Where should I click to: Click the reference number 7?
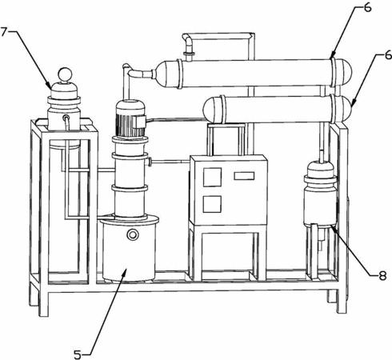4,32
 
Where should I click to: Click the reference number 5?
78,354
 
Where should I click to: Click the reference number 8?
382,275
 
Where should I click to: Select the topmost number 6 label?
368,8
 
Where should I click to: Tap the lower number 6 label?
388,55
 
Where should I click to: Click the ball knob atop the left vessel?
65,74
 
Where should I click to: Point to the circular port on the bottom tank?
133,234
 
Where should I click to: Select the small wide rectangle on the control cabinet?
244,176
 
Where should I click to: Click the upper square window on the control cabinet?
212,177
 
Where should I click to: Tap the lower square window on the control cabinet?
212,204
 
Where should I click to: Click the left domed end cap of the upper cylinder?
166,74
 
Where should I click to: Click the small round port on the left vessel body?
66,117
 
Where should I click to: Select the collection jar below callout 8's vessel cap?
320,206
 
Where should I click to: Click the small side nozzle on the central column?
149,162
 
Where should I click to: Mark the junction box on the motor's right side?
141,122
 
